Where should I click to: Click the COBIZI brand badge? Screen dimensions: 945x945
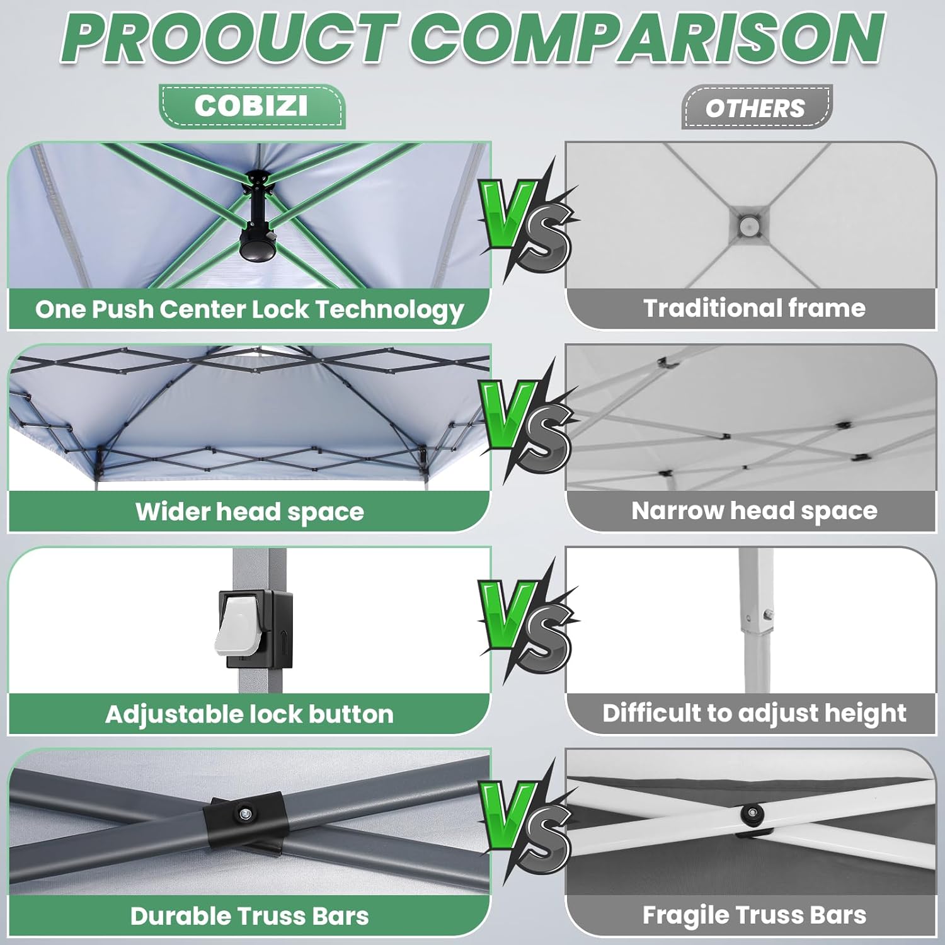point(251,106)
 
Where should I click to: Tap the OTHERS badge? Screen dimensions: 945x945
point(755,108)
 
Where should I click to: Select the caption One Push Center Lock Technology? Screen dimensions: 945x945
point(249,309)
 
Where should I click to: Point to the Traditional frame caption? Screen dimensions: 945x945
point(754,308)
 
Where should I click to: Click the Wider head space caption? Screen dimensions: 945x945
point(249,512)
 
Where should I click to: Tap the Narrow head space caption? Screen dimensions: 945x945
point(754,511)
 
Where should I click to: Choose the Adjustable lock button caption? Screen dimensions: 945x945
point(249,714)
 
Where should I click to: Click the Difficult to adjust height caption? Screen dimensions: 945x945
point(754,713)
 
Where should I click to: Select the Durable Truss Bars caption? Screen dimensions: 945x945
point(249,916)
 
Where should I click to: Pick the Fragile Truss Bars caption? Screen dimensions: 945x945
point(754,915)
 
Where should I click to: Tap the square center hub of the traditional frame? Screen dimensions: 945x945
point(747,224)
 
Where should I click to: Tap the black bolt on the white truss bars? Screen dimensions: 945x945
point(750,811)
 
